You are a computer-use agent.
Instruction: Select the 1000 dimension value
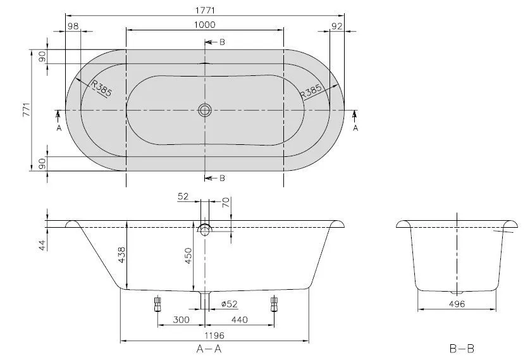click(x=204, y=24)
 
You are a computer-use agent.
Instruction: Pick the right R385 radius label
click(x=311, y=89)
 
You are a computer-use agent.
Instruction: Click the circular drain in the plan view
click(x=204, y=110)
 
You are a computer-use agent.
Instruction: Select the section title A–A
click(x=208, y=349)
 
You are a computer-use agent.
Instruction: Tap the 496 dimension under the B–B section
click(x=457, y=304)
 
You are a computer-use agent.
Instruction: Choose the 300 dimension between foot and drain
click(x=181, y=320)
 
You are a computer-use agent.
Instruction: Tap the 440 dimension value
click(x=240, y=320)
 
